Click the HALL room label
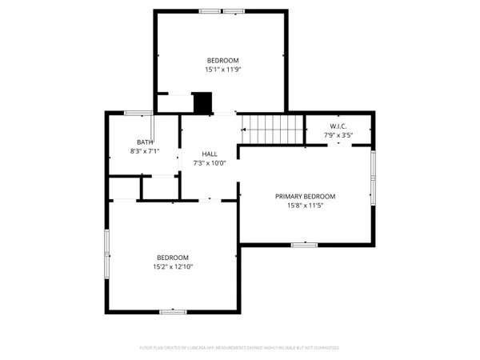click(210, 154)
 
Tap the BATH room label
click(145, 142)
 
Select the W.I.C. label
click(338, 126)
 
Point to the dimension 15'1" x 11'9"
click(223, 70)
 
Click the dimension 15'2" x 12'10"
click(173, 266)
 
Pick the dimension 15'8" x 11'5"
click(305, 205)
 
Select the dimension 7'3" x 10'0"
click(210, 162)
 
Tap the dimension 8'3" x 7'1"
click(145, 150)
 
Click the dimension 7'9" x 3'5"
click(338, 135)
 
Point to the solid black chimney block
click(203, 103)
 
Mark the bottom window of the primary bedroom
click(304, 244)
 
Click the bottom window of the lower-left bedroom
click(173, 310)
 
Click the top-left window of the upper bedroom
click(211, 10)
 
